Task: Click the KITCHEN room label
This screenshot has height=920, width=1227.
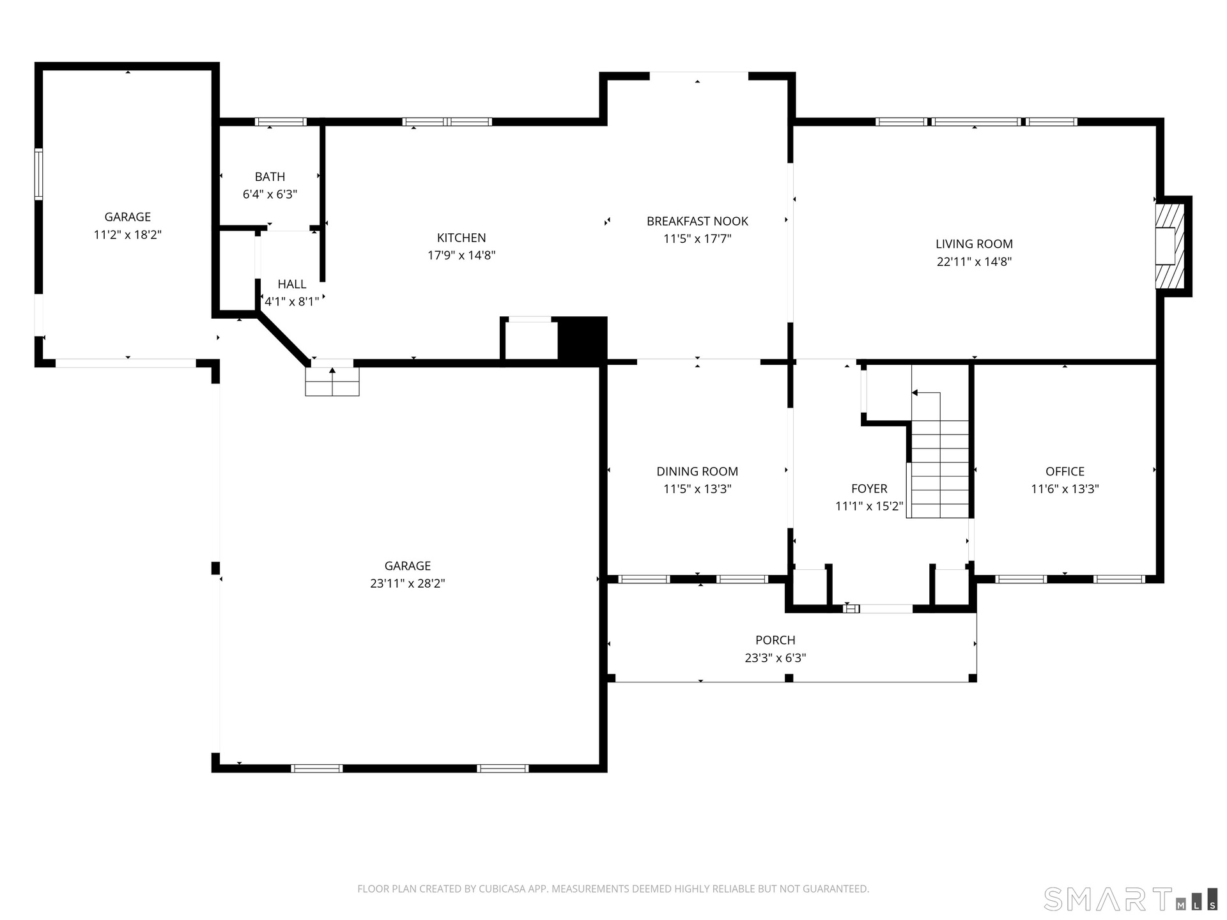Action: (x=461, y=238)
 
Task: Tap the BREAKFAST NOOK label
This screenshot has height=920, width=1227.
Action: (x=697, y=221)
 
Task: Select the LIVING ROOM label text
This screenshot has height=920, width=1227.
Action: (x=974, y=243)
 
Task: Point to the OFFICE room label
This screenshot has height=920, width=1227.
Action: (x=1065, y=471)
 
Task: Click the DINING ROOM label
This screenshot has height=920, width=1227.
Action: (x=697, y=471)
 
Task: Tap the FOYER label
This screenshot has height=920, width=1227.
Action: (x=869, y=489)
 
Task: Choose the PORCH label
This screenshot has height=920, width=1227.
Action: (x=775, y=640)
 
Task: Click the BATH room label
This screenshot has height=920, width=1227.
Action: (x=270, y=177)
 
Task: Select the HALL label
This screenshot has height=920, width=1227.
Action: (x=292, y=284)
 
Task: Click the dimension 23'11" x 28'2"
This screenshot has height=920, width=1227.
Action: (x=408, y=583)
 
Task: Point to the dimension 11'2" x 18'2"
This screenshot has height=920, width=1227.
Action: (x=128, y=234)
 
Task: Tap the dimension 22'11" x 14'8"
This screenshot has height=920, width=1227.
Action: (x=974, y=261)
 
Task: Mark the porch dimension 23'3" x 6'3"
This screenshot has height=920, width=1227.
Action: (x=775, y=658)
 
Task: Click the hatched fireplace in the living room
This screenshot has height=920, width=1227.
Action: (x=1169, y=246)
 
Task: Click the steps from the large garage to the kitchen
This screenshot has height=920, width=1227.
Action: (x=332, y=381)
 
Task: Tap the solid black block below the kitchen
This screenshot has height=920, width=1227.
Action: (x=582, y=341)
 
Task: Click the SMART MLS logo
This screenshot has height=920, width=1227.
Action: (x=1131, y=899)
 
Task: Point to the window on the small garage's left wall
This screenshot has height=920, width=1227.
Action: (x=38, y=174)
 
